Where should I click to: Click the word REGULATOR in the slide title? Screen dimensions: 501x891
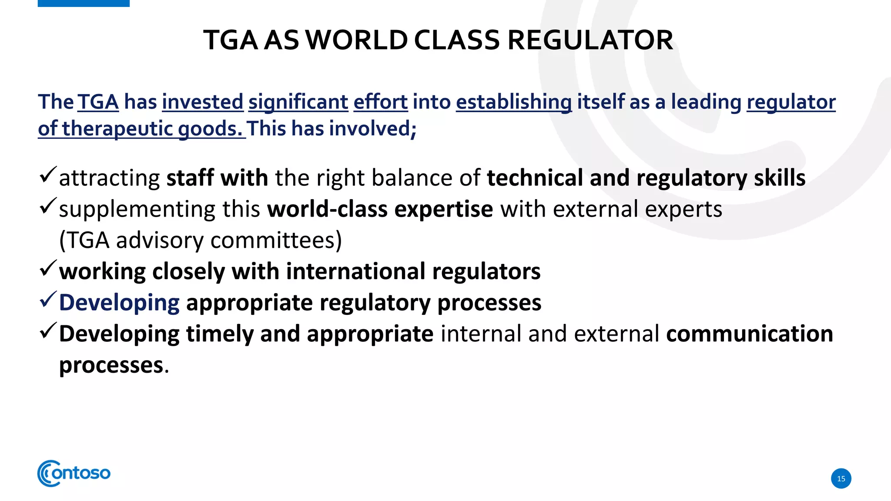(x=590, y=40)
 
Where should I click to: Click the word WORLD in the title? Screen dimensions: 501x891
(x=357, y=40)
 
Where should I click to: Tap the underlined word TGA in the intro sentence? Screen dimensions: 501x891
(x=98, y=102)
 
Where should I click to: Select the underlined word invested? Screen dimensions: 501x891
(x=202, y=102)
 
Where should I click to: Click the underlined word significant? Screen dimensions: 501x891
(x=298, y=102)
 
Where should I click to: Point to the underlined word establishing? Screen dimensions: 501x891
(x=513, y=102)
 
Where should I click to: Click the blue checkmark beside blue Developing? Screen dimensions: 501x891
(x=47, y=300)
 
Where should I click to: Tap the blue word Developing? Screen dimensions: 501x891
(x=119, y=303)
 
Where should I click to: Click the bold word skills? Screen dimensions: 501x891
(x=779, y=178)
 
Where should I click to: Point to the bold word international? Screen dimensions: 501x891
(x=355, y=271)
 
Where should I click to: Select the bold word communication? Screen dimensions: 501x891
(x=749, y=334)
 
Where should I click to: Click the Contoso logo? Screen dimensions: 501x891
(x=74, y=473)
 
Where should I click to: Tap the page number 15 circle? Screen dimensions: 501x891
(x=841, y=478)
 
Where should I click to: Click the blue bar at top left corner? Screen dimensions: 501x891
(x=84, y=3)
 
